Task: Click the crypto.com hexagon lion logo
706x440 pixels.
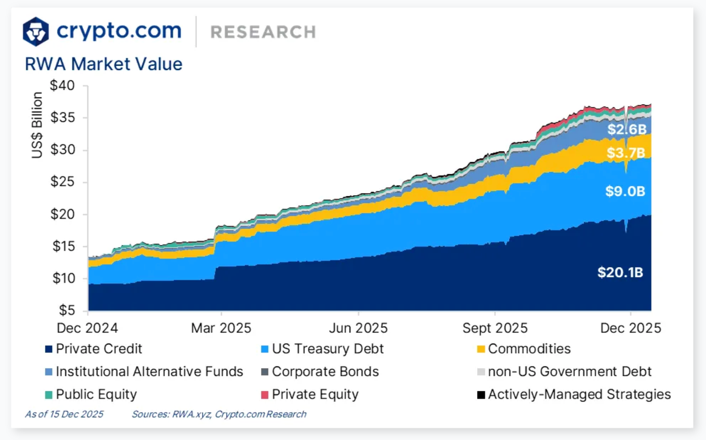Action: click(36, 31)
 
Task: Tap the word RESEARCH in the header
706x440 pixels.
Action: click(263, 32)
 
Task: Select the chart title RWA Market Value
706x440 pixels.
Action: click(104, 64)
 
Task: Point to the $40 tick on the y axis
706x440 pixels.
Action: click(62, 85)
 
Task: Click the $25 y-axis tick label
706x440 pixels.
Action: click(62, 182)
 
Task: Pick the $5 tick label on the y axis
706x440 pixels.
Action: click(67, 310)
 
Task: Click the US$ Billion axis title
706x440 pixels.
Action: click(37, 125)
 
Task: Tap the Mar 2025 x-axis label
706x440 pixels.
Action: click(221, 328)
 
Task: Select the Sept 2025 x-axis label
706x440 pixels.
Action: click(495, 328)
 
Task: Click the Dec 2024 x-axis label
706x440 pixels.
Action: click(87, 328)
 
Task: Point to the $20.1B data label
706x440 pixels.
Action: click(620, 272)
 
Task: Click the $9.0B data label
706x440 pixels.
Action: click(625, 191)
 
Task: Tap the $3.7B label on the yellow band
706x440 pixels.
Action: click(626, 153)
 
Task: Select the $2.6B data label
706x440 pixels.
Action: click(627, 129)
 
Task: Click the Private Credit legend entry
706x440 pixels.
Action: click(99, 349)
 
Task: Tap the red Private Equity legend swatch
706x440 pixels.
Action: click(264, 395)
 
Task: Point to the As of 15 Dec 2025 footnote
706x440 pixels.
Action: click(64, 414)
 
